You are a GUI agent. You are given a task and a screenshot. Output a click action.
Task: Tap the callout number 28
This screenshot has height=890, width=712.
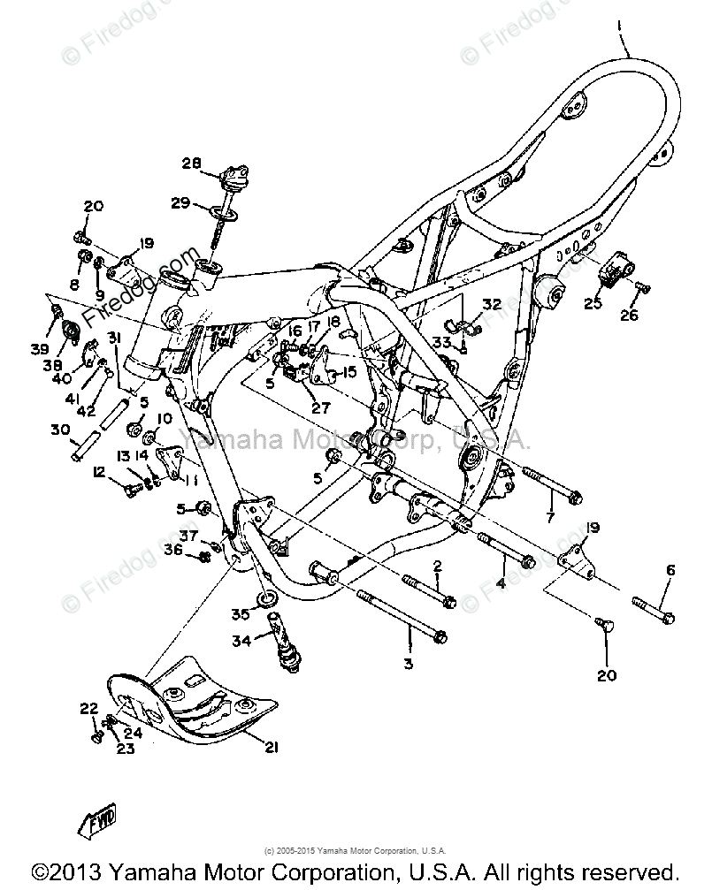pyautogui.click(x=192, y=163)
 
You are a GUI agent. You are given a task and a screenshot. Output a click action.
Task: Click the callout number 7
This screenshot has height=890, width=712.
pyautogui.click(x=550, y=516)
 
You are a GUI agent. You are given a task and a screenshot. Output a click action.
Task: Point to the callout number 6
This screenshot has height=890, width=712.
pyautogui.click(x=670, y=570)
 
